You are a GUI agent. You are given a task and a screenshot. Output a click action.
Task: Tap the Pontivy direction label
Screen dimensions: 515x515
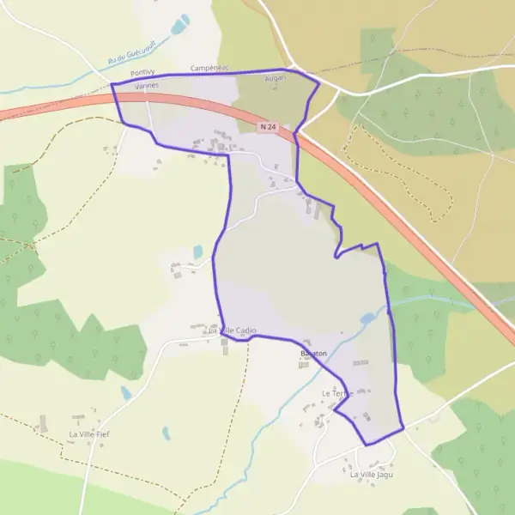point(143,75)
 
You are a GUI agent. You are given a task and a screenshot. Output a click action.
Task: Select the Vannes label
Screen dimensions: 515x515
point(147,86)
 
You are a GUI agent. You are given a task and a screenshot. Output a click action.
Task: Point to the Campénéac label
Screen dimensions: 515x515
point(208,67)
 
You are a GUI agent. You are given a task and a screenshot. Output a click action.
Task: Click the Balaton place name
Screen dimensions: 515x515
point(313,354)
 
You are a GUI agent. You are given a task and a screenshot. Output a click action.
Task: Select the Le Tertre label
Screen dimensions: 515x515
point(337,393)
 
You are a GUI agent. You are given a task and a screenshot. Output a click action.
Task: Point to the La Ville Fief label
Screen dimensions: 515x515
point(89,434)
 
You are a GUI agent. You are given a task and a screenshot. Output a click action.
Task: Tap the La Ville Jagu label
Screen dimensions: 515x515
point(371,474)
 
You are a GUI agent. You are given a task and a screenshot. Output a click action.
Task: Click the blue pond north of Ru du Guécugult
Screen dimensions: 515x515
point(180,25)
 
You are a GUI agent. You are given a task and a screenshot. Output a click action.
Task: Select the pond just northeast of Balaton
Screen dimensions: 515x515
point(367,318)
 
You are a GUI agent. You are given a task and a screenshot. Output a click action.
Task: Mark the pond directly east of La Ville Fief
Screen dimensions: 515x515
point(166,434)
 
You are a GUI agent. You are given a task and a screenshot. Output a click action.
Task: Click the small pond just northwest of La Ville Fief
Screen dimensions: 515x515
point(126,393)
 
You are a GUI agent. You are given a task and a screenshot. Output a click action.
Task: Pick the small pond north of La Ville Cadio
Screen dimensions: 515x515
point(198,251)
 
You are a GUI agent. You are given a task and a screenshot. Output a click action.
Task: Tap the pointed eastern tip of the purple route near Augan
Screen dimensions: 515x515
point(319,84)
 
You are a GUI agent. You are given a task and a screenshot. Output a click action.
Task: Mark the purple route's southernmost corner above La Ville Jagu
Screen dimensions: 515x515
point(367,445)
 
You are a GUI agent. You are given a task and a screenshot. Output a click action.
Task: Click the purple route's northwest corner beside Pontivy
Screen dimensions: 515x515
point(112,84)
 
